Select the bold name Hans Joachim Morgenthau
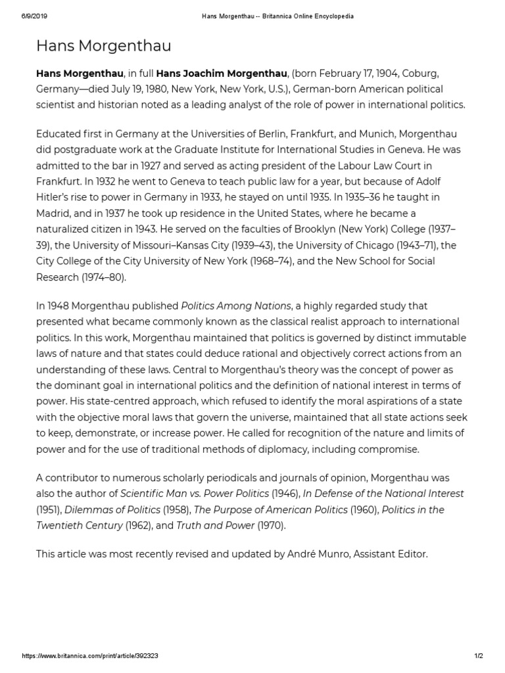coord(224,73)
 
